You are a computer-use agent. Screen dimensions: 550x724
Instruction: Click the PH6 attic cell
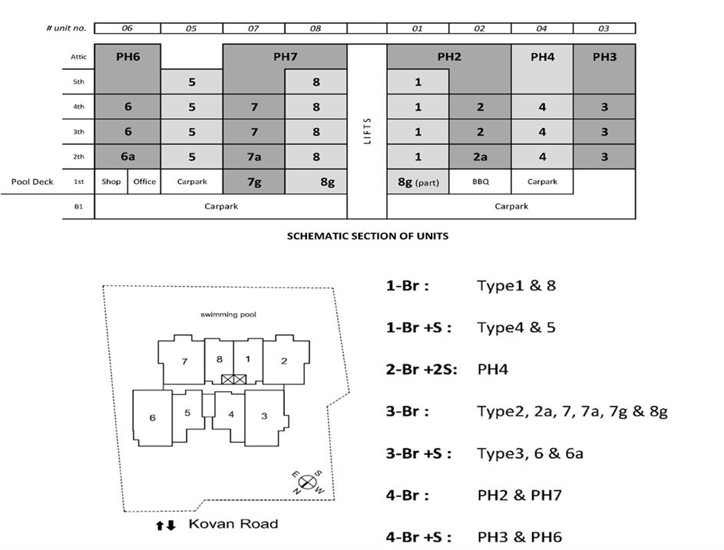[127, 57]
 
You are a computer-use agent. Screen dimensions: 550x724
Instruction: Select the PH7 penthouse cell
[285, 57]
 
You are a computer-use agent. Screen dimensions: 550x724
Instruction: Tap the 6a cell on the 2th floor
[127, 156]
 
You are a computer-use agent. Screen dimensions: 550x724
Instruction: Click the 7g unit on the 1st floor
[253, 182]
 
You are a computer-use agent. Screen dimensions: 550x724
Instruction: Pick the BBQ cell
[480, 182]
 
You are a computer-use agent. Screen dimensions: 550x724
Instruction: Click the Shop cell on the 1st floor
[111, 182]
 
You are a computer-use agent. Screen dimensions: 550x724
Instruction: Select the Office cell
[144, 182]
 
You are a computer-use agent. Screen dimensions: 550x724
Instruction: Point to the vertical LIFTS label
[367, 132]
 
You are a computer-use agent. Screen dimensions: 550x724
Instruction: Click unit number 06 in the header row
[127, 28]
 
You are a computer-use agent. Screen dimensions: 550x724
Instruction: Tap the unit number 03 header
[604, 28]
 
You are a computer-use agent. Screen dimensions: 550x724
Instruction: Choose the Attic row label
[79, 57]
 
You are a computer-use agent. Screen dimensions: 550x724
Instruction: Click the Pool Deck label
[31, 182]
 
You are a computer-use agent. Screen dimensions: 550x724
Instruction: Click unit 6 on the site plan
[152, 417]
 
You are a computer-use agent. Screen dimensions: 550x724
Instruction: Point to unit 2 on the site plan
[284, 361]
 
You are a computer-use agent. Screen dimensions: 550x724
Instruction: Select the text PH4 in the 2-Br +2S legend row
[493, 370]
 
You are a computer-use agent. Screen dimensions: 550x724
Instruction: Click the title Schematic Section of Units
[367, 236]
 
